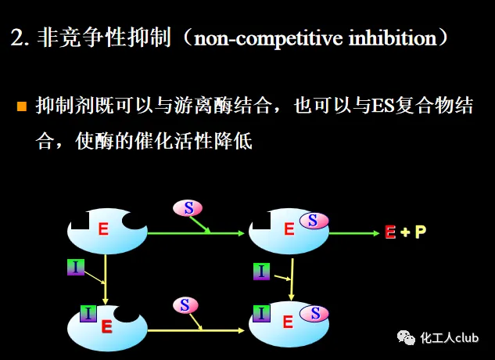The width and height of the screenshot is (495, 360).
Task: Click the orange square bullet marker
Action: [x=22, y=106]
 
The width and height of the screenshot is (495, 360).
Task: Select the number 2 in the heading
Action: [x=16, y=38]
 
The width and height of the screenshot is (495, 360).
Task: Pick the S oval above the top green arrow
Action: [x=188, y=207]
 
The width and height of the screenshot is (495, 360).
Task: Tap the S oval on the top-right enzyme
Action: [x=313, y=221]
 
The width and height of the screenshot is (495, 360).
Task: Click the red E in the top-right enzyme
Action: [x=289, y=229]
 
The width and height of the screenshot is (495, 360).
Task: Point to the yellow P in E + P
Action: [x=421, y=232]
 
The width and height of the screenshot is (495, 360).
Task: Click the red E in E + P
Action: [x=390, y=232]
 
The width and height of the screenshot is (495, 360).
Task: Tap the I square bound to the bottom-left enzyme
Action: [x=88, y=315]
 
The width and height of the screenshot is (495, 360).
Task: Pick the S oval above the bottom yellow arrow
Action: [x=184, y=304]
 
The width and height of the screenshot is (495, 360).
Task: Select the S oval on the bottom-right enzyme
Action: [x=316, y=314]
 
